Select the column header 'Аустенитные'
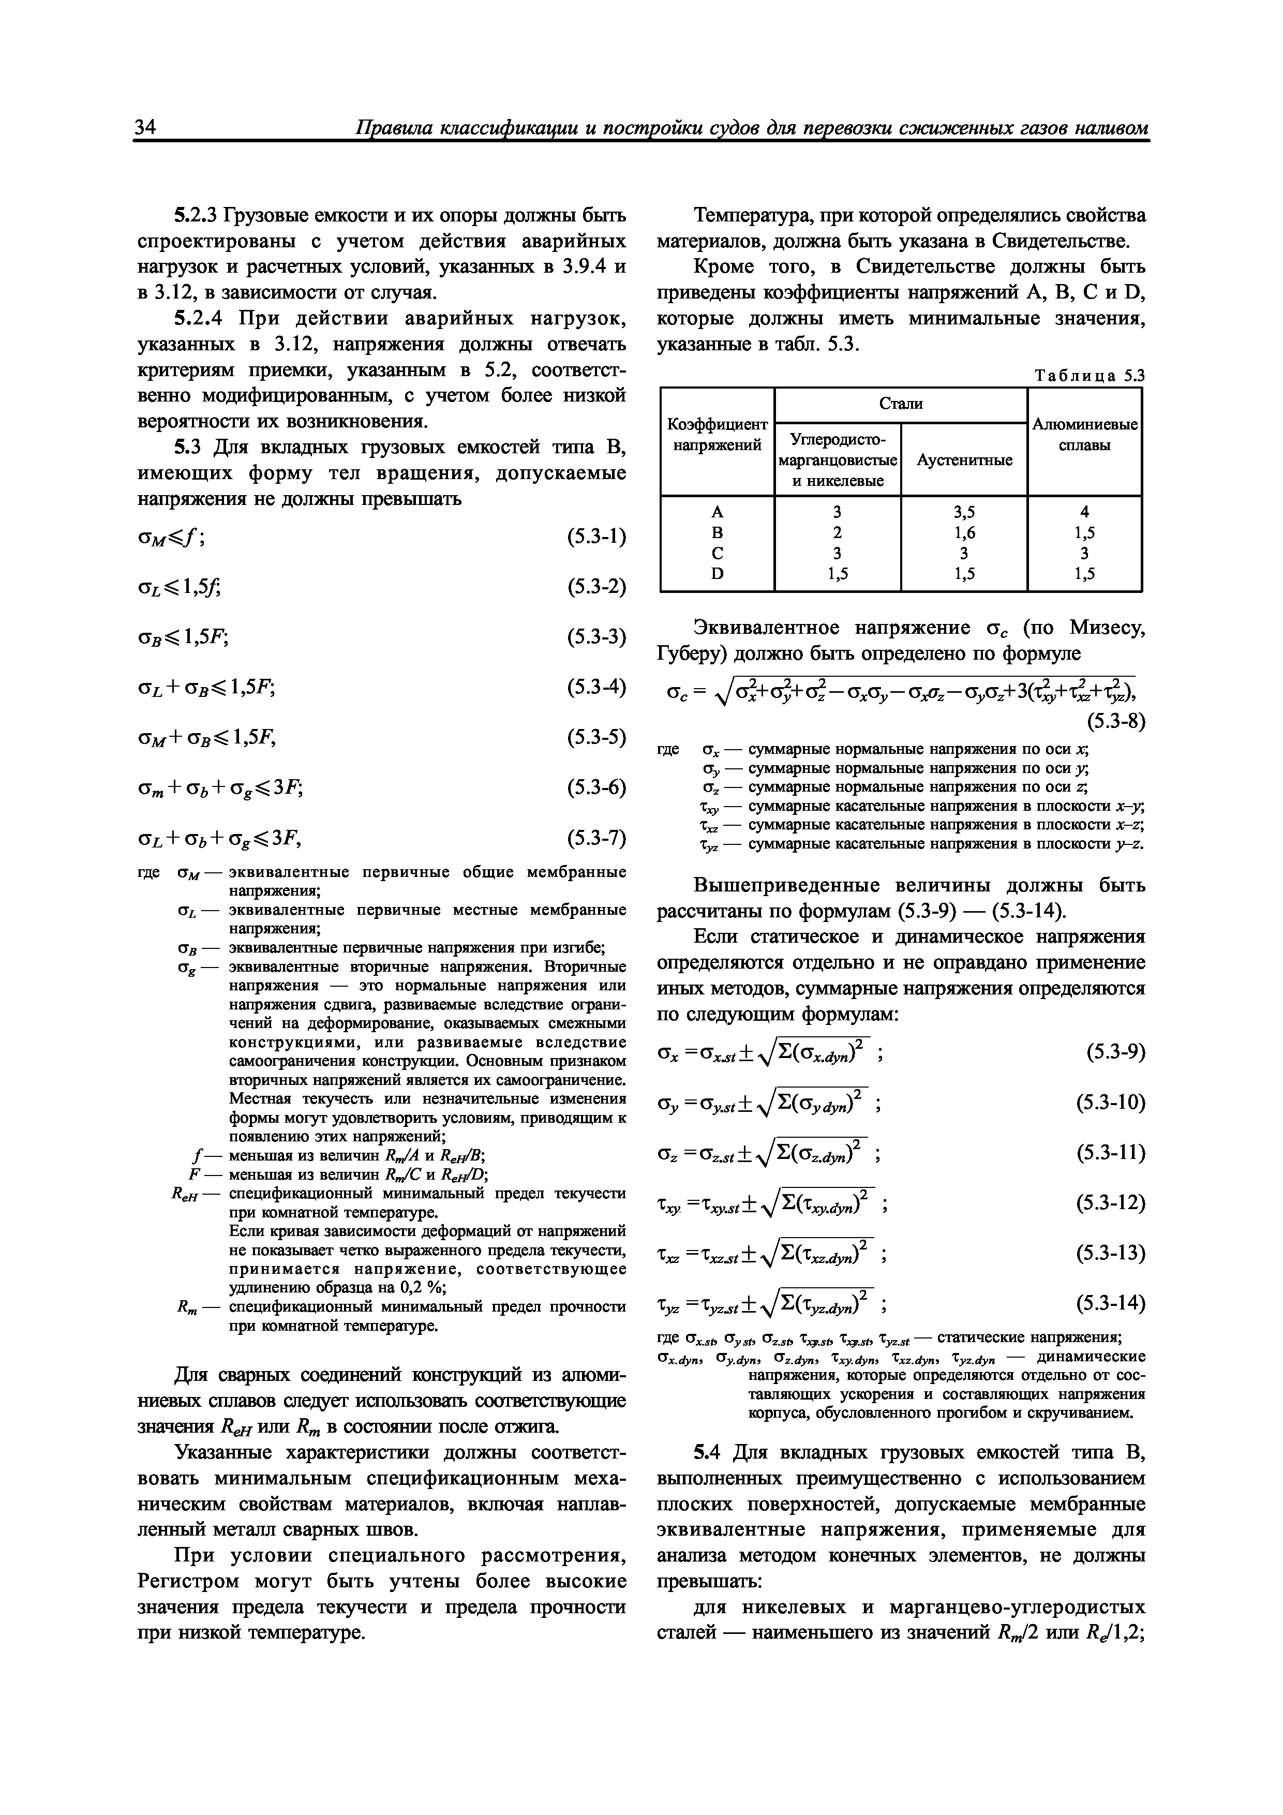coord(964,460)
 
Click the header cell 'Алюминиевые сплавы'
coord(1084,435)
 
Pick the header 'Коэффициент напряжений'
coord(717,435)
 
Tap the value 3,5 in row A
coord(964,512)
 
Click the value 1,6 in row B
coord(964,532)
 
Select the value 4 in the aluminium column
coord(1084,512)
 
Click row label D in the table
coord(717,573)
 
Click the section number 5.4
coord(708,1452)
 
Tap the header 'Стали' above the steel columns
coord(900,404)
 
